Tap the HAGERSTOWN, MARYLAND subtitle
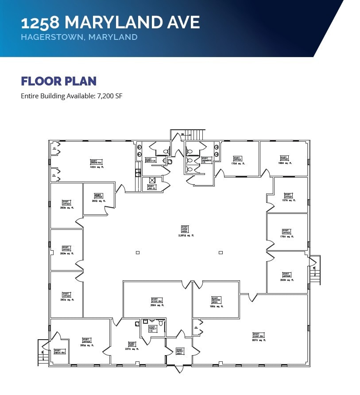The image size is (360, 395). (x=79, y=37)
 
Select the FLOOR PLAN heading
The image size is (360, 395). (x=58, y=81)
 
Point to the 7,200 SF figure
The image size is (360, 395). (x=112, y=96)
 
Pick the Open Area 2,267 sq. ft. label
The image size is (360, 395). (x=185, y=231)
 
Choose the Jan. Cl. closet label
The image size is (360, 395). (x=151, y=187)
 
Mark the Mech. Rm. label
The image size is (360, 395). (x=60, y=352)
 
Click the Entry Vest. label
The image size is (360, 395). (x=179, y=351)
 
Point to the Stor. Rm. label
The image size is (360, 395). (x=155, y=302)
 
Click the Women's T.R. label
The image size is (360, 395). (x=205, y=160)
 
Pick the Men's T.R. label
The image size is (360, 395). (x=151, y=161)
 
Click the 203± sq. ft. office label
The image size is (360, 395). (x=286, y=277)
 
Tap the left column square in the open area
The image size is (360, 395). (x=138, y=252)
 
